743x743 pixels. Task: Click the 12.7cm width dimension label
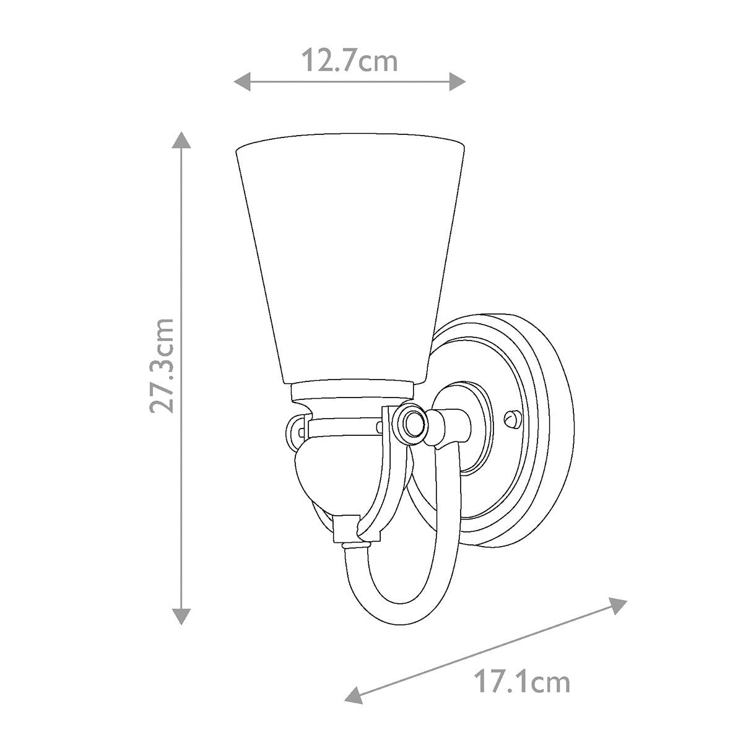tap(349, 61)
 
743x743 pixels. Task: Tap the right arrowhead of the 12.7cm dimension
tap(458, 81)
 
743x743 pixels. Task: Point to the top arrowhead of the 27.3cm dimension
tap(181, 140)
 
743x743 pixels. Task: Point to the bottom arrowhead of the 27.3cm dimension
tap(181, 615)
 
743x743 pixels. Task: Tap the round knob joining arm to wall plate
tap(412, 425)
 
